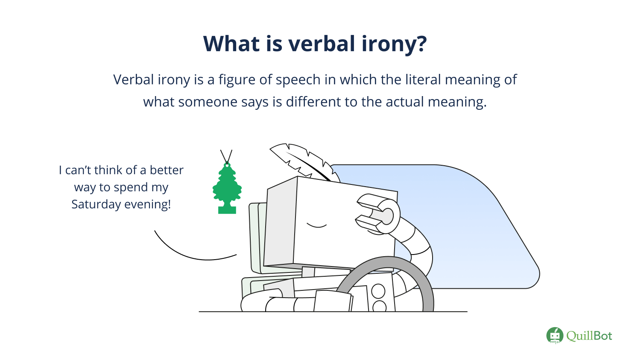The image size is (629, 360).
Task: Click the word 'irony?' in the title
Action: (394, 44)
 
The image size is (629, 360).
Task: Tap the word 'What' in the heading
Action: (231, 44)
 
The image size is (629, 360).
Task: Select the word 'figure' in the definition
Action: (237, 80)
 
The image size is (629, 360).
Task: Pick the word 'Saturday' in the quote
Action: (96, 205)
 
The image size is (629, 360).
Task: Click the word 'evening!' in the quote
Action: (147, 204)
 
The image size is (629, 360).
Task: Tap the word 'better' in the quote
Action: (167, 170)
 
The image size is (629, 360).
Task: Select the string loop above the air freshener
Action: (226, 157)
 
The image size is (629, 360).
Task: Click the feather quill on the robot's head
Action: (304, 162)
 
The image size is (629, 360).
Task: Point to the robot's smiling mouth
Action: (316, 225)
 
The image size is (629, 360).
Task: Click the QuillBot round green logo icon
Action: (555, 335)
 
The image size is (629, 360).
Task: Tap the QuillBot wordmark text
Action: (589, 336)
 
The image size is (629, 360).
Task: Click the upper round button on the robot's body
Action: (378, 291)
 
